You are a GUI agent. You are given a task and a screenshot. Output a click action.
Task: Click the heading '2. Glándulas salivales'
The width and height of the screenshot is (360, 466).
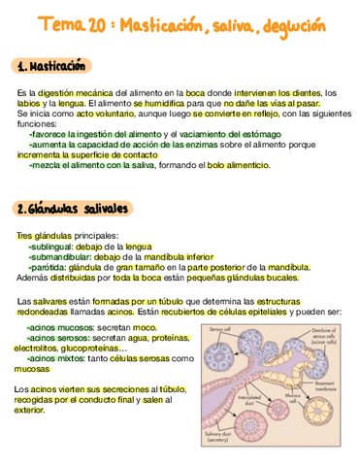[x=74, y=209]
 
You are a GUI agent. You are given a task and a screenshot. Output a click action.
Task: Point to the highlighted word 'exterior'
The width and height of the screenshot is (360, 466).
[x=30, y=410]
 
